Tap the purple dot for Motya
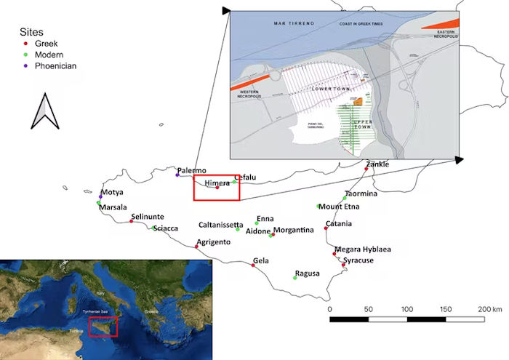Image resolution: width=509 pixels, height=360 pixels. (100, 196)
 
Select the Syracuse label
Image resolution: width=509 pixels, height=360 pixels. (358, 260)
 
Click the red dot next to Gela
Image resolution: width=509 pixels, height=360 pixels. (253, 265)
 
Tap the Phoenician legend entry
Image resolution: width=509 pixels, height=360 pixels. (56, 65)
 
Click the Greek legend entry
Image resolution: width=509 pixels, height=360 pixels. (48, 44)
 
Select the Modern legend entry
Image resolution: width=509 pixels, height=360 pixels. (50, 55)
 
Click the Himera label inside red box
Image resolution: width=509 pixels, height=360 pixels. (217, 183)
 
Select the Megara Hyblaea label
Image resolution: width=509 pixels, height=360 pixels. (364, 249)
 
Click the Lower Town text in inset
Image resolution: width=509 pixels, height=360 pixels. (326, 88)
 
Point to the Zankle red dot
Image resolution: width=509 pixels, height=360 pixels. (366, 169)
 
